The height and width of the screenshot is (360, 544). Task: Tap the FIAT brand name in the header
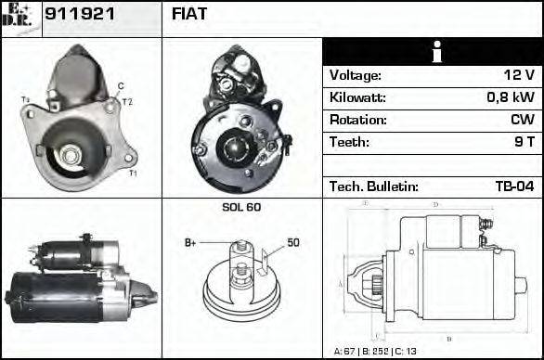(189, 15)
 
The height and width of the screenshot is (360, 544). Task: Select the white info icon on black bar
(432, 52)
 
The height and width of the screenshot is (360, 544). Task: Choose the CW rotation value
(522, 120)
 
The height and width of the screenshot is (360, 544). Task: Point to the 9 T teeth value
(524, 142)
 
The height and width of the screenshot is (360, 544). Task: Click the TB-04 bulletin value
(514, 186)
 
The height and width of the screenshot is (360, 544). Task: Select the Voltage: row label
(356, 75)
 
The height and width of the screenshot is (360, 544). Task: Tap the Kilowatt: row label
(357, 97)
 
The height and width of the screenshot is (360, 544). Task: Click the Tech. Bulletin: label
(373, 186)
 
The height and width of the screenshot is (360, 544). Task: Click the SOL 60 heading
(241, 207)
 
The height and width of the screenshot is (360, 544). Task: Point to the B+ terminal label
(191, 243)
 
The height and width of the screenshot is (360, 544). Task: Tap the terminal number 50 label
(292, 243)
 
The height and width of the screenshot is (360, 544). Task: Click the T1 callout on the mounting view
(133, 174)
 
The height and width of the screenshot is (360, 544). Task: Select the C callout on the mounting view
(121, 86)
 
